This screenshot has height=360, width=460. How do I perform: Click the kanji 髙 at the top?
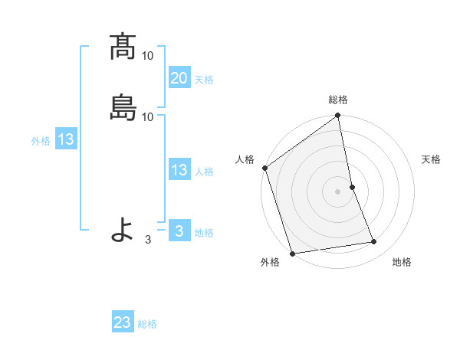(123, 47)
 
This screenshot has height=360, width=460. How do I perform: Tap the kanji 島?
(123, 107)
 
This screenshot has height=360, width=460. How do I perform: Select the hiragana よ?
(123, 230)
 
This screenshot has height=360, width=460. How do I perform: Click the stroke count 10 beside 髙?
(148, 56)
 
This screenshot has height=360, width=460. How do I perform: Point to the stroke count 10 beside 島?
(148, 116)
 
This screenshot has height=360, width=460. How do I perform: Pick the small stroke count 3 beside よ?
(148, 240)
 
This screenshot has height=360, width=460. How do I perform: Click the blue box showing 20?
(179, 78)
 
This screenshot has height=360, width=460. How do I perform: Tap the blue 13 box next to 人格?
(179, 170)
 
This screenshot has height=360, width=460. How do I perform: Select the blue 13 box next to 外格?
(65, 140)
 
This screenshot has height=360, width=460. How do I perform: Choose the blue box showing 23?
(123, 322)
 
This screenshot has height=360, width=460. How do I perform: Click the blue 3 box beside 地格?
(179, 231)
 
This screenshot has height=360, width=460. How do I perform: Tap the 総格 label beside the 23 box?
(148, 324)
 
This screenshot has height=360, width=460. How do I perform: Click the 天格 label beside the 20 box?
(204, 80)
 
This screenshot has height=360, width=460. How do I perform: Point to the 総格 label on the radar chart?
(338, 100)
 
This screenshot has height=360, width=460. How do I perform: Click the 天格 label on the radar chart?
(432, 159)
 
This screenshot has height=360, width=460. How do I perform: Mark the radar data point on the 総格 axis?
(338, 117)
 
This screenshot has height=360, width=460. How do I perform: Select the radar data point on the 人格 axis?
(264, 168)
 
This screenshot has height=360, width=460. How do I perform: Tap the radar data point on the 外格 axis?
(292, 254)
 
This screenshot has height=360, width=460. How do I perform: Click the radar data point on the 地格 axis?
(374, 242)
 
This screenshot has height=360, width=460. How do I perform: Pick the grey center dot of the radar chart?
(338, 191)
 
